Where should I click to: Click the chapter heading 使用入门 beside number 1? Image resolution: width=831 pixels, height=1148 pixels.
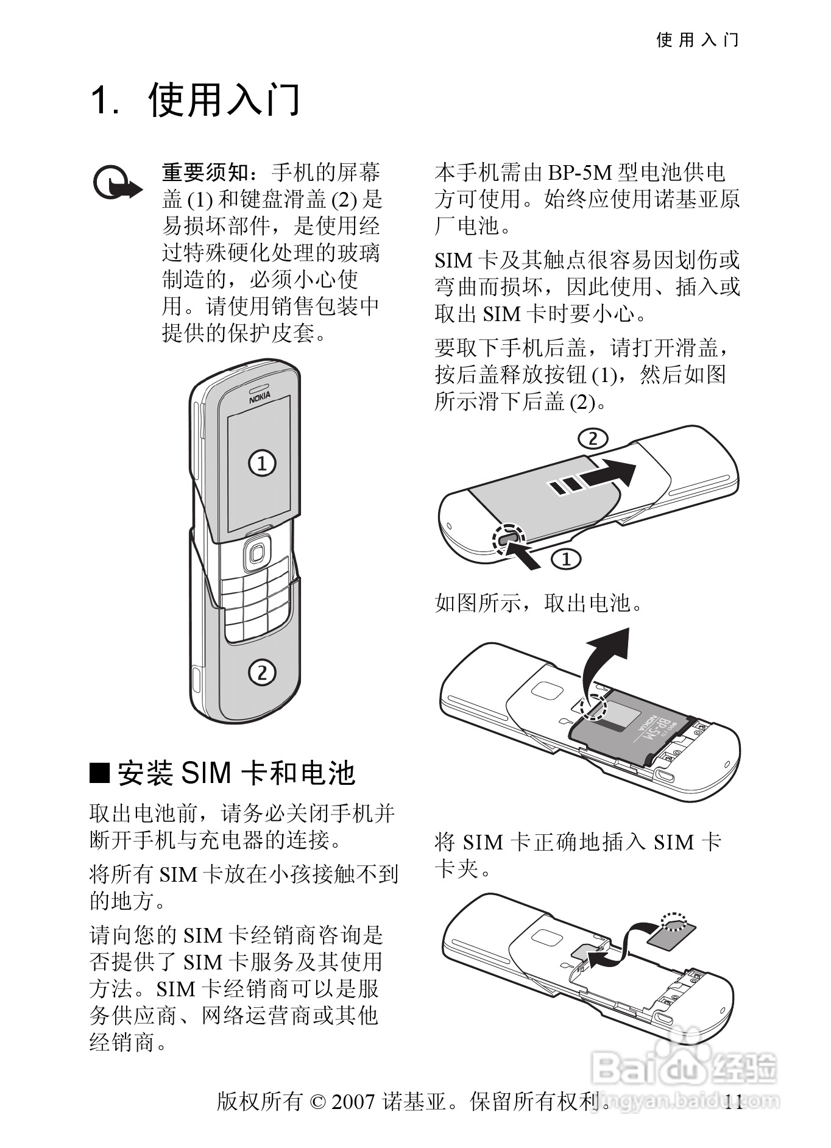coord(224,100)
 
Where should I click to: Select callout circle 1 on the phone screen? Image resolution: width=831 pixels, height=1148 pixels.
coord(262,463)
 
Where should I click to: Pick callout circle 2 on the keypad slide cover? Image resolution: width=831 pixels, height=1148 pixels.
coord(261,673)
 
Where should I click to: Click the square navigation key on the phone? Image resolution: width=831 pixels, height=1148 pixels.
coord(256,553)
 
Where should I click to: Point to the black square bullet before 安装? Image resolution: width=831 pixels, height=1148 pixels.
coord(99,773)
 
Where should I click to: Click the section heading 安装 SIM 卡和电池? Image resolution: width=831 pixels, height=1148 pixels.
coord(236,773)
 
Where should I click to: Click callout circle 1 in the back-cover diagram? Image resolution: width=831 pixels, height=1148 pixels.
coord(566,558)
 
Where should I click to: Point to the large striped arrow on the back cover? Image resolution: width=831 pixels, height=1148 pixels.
coord(591,478)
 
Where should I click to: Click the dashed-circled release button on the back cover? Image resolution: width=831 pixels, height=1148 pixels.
coord(508,537)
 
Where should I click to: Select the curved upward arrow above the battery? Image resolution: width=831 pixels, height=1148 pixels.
coord(603,664)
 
